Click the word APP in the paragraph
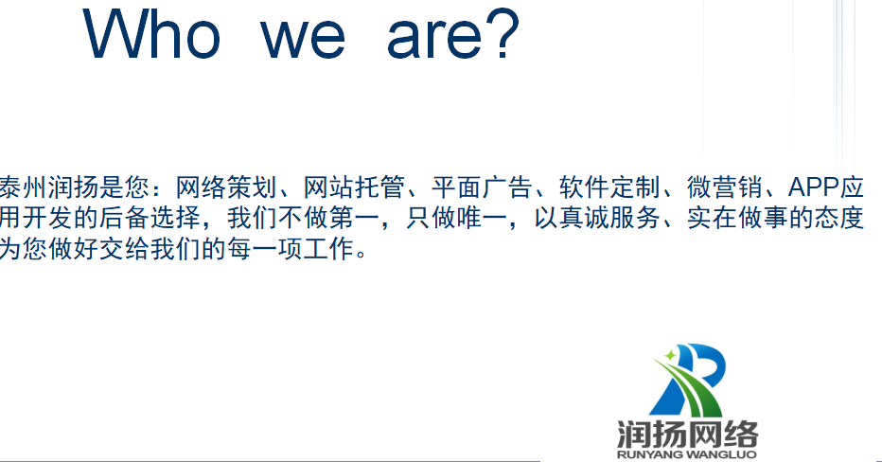813,187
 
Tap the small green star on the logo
671,356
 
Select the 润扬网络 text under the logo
687,434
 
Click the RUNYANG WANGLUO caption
687,454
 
